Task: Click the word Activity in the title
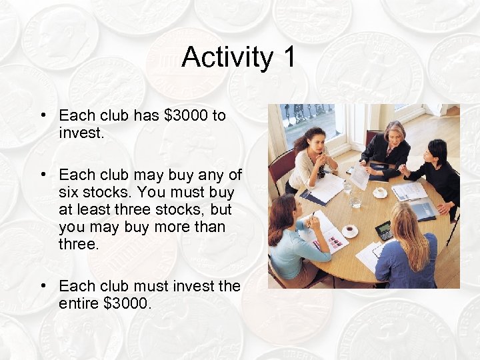click(227, 58)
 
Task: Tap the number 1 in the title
click(288, 57)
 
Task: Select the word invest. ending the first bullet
click(81, 133)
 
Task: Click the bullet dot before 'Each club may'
click(42, 175)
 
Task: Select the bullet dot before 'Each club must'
click(42, 286)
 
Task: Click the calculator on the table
click(383, 231)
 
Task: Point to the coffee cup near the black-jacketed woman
click(380, 192)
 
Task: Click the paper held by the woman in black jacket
click(360, 177)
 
